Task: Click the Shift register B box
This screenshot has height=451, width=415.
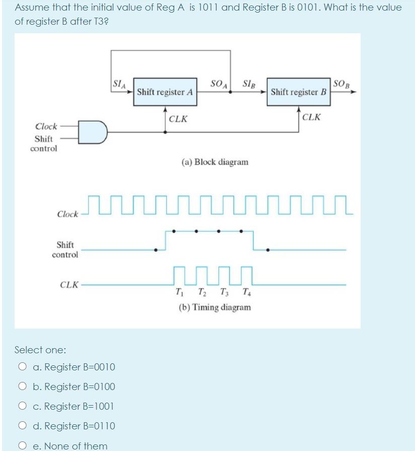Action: click(x=298, y=92)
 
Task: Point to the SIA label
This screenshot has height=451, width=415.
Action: click(x=120, y=84)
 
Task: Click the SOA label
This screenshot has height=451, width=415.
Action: click(x=219, y=83)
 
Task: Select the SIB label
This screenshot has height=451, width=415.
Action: click(x=249, y=83)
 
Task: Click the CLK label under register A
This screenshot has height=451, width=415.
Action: click(x=179, y=119)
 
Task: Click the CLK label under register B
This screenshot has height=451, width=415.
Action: click(x=312, y=117)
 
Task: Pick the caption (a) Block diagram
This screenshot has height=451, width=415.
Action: click(x=215, y=162)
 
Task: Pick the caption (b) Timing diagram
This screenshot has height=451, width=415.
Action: click(x=215, y=307)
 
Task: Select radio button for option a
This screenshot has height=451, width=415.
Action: click(x=23, y=367)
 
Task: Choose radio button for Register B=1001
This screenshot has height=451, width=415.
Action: click(x=23, y=406)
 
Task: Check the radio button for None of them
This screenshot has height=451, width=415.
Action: click(x=23, y=445)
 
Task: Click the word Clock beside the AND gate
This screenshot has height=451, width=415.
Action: click(x=46, y=126)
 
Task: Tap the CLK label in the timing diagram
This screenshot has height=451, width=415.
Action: click(x=68, y=285)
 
